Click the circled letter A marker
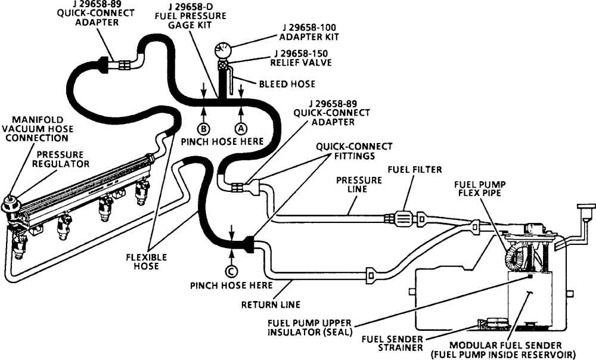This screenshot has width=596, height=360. click(x=241, y=127)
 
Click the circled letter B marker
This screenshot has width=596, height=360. click(x=204, y=127)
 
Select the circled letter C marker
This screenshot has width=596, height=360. click(x=231, y=271)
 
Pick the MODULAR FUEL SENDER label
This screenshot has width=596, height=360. click(x=513, y=350)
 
